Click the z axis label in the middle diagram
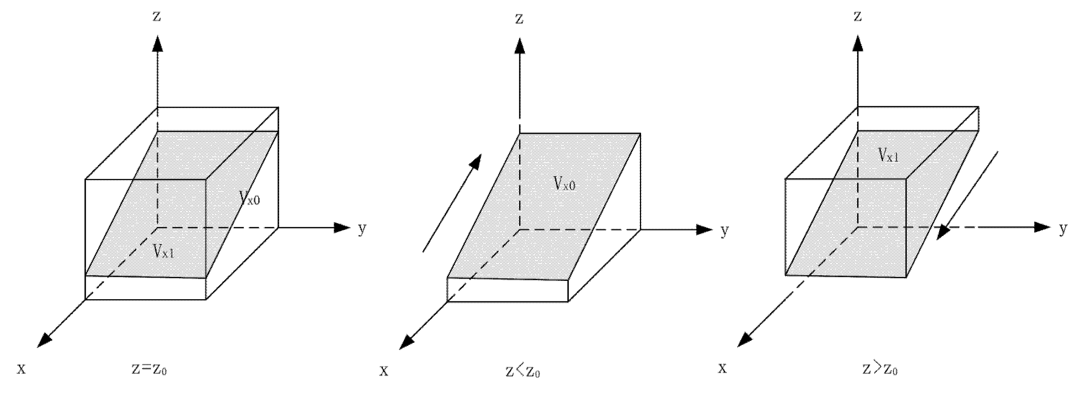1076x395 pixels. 519,19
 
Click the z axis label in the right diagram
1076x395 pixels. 858,17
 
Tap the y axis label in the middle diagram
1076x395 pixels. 725,230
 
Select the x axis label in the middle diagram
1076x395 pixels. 383,371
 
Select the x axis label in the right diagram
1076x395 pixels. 722,368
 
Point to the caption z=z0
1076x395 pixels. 149,369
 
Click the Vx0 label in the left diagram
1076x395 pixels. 249,197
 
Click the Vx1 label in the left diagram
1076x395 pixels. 163,252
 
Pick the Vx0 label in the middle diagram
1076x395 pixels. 564,183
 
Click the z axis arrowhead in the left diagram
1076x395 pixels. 157,44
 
